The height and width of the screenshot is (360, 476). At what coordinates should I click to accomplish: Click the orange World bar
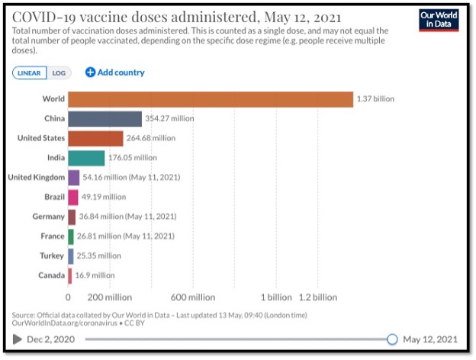pyautogui.click(x=211, y=99)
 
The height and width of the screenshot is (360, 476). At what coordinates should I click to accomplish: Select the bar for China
pyautogui.click(x=105, y=119)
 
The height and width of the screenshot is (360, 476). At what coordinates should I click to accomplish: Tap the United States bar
pyautogui.click(x=95, y=138)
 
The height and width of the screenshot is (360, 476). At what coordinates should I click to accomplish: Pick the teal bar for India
pyautogui.click(x=86, y=158)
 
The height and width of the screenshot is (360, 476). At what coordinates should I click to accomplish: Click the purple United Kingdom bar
pyautogui.click(x=73, y=178)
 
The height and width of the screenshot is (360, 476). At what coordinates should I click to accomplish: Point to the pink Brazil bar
pyautogui.click(x=72, y=198)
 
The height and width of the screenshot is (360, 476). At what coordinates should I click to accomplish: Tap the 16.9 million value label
pyautogui.click(x=94, y=275)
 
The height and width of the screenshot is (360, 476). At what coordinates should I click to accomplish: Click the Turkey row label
pyautogui.click(x=52, y=256)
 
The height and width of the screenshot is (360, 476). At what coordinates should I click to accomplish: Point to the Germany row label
pyautogui.click(x=48, y=217)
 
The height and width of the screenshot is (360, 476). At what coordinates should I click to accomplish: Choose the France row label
pyautogui.click(x=51, y=236)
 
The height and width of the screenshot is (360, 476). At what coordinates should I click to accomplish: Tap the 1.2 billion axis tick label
pyautogui.click(x=318, y=297)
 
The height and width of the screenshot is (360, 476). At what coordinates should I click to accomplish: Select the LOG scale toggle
pyautogui.click(x=58, y=73)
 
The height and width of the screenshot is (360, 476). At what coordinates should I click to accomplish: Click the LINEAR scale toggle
pyautogui.click(x=30, y=73)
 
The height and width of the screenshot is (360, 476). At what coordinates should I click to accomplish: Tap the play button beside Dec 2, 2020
pyautogui.click(x=18, y=339)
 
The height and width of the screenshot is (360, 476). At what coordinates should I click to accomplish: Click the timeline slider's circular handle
pyautogui.click(x=392, y=339)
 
